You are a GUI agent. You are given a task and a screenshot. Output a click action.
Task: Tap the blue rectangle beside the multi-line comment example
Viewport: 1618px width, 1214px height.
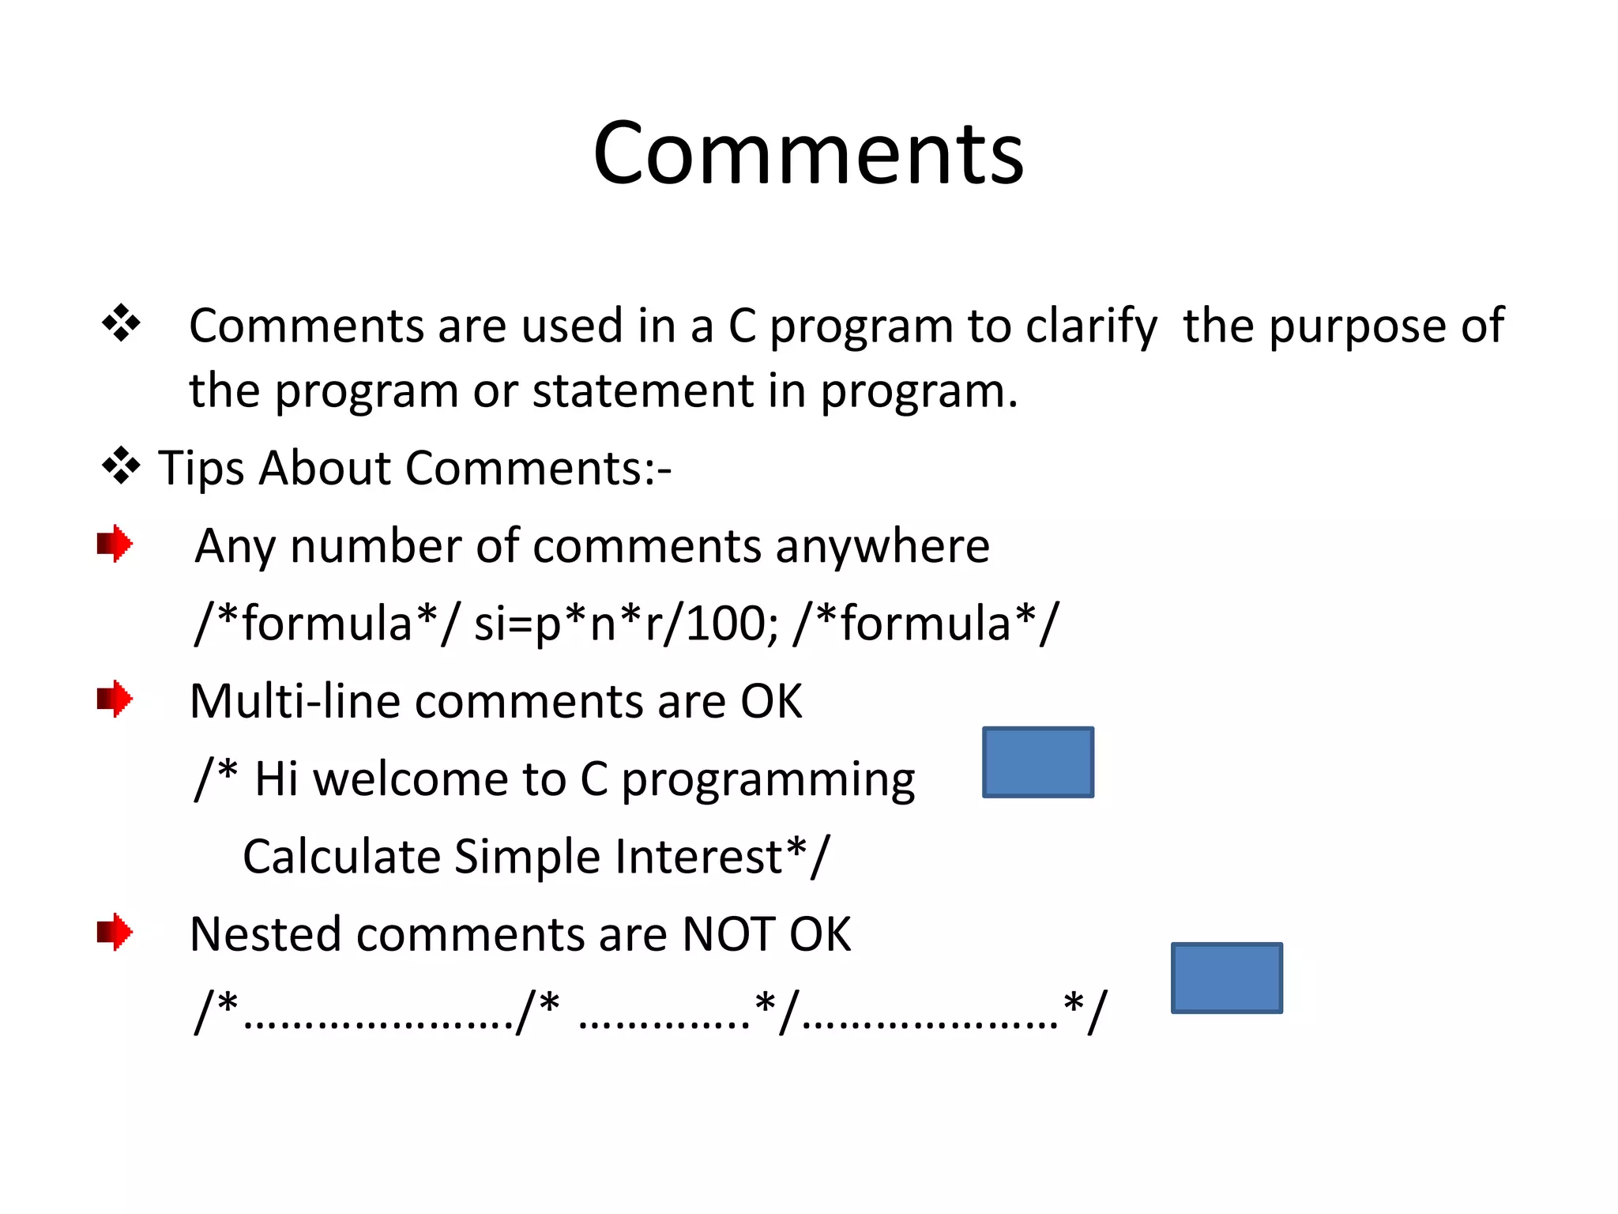[x=1037, y=762]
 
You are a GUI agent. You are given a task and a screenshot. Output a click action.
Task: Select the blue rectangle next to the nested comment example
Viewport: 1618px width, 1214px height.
[x=1226, y=978]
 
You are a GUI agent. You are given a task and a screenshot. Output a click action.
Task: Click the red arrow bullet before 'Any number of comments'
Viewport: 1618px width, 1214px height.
[x=115, y=544]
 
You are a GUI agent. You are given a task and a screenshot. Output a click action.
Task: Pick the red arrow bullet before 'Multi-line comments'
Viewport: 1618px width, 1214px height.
[x=115, y=699]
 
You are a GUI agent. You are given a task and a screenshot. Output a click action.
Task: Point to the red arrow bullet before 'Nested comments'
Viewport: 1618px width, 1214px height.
[x=115, y=932]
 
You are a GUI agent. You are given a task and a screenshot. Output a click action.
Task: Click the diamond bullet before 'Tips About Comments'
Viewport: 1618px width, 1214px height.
[x=121, y=466]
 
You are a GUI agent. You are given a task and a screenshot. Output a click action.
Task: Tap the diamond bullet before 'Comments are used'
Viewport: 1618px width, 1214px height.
[x=121, y=323]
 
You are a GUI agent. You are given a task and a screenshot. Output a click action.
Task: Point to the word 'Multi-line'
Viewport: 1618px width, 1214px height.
[x=295, y=701]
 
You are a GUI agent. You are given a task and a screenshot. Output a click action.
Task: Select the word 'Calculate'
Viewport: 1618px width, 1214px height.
[x=341, y=857]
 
